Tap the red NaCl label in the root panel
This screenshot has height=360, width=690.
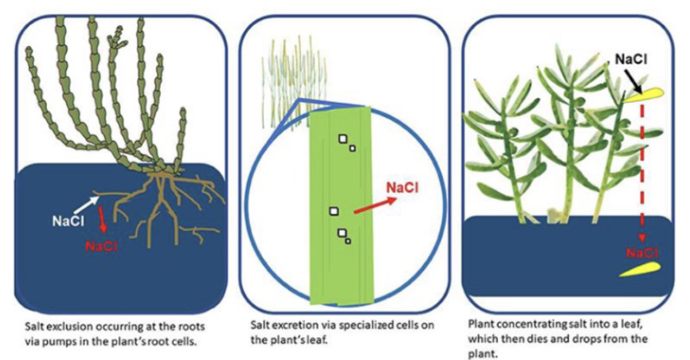point(101,247)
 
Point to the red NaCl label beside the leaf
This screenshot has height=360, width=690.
point(403,188)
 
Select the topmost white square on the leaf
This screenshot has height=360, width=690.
point(344,139)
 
